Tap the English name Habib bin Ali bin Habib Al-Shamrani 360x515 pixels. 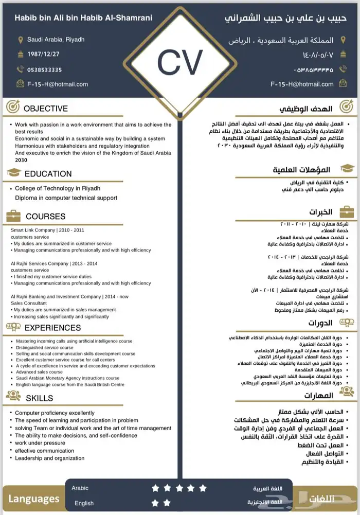(x=83, y=18)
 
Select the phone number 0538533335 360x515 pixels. (x=45, y=69)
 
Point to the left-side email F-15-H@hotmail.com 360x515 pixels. (x=58, y=84)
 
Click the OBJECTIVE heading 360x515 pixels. (x=45, y=109)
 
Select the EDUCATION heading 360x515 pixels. (x=48, y=174)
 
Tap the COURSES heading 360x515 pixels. (x=45, y=217)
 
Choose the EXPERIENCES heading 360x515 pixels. (x=52, y=328)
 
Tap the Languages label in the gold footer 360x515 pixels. (x=34, y=499)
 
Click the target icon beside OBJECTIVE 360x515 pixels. (x=13, y=108)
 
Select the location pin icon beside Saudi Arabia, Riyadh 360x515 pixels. (x=21, y=40)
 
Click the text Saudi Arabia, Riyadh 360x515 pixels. (x=56, y=40)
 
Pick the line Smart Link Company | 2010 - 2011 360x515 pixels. (x=47, y=230)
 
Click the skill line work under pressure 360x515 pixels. (x=40, y=443)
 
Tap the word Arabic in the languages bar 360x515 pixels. (x=80, y=488)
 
